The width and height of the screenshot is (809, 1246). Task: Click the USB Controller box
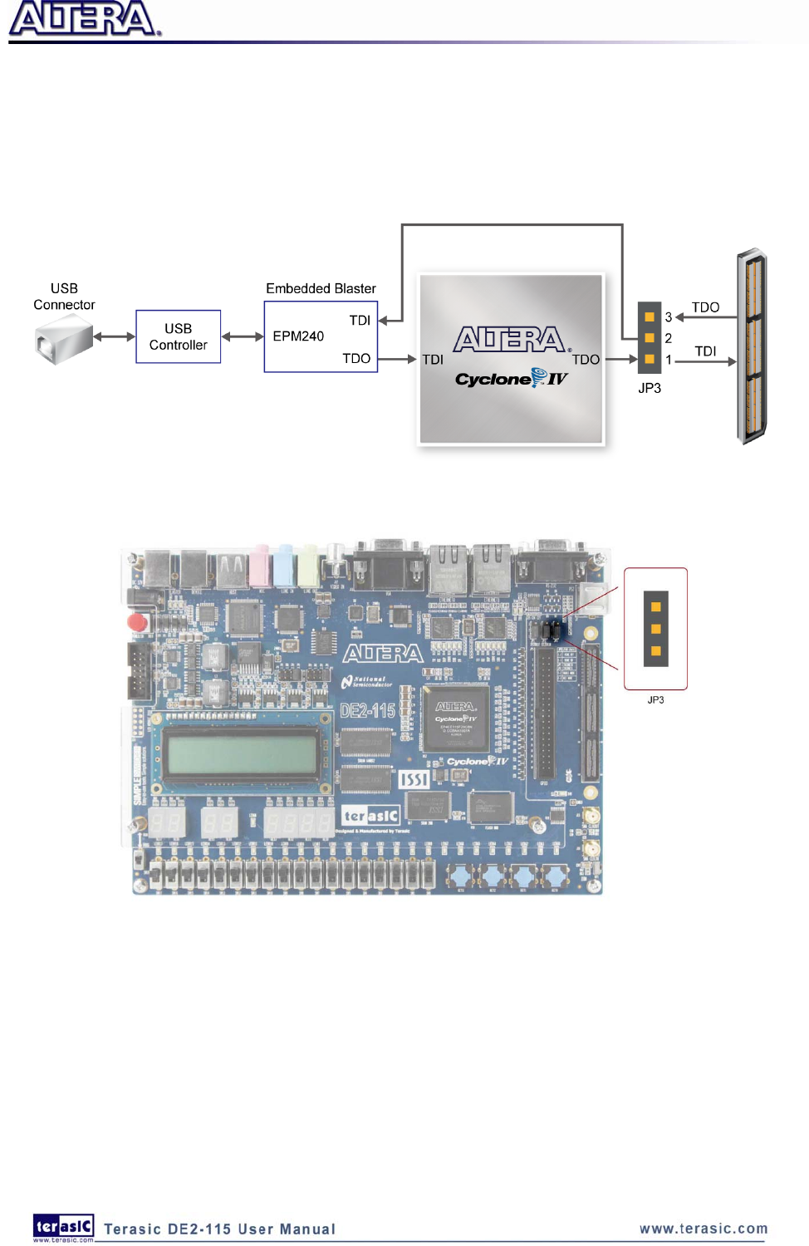178,336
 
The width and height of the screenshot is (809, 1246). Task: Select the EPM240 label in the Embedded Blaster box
298,336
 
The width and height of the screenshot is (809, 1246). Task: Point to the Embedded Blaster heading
321,288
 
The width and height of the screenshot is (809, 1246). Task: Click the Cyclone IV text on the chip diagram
511,379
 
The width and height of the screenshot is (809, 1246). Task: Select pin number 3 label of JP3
669,317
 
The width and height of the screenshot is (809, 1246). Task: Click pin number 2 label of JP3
669,338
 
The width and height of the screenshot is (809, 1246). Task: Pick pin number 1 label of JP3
669,360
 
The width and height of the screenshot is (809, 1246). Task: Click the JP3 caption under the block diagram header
650,388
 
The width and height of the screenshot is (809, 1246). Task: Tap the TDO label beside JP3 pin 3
705,307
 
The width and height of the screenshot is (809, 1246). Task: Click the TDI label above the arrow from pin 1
705,351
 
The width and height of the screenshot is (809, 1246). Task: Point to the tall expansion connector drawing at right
753,346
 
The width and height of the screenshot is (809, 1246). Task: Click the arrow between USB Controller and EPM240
243,336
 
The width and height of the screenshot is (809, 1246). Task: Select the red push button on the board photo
137,622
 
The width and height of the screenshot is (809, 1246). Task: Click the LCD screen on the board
242,753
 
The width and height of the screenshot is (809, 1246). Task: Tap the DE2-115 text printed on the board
367,711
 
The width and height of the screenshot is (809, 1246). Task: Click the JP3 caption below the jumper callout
655,700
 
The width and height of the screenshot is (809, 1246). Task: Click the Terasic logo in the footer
63,1226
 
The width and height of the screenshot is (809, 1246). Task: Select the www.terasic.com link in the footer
704,1229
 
